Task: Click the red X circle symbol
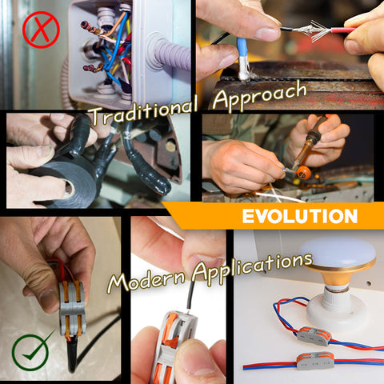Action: coord(41,30)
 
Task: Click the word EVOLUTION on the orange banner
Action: coord(300,216)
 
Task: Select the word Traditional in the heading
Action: coord(144,111)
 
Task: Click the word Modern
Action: coord(146,280)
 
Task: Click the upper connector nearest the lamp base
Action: coord(314,336)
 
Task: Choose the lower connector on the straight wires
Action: coord(315,361)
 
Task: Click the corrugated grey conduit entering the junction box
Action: coord(170,54)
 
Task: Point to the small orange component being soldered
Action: coord(304,173)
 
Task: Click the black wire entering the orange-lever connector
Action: coord(191,296)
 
